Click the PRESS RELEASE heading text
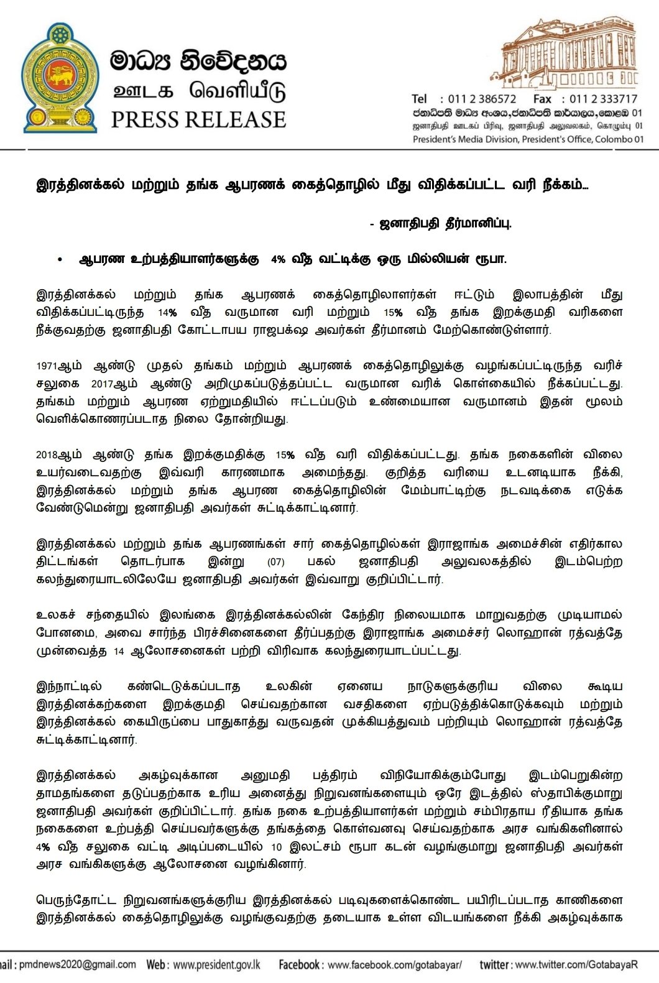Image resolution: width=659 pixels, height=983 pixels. tap(198, 119)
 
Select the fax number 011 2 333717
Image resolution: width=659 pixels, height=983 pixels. tap(604, 99)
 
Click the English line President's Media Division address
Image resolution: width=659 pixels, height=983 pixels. tap(528, 139)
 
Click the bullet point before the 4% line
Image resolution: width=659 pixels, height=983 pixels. tap(60, 260)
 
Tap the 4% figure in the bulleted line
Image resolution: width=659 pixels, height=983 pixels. tap(278, 260)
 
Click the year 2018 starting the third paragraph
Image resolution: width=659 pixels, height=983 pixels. tap(47, 455)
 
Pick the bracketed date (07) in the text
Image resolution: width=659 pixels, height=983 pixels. tap(275, 562)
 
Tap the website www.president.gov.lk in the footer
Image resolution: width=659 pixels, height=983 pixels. tap(216, 965)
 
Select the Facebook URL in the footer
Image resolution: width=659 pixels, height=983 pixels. tap(394, 965)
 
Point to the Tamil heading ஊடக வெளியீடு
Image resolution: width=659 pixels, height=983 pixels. tap(198, 92)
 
